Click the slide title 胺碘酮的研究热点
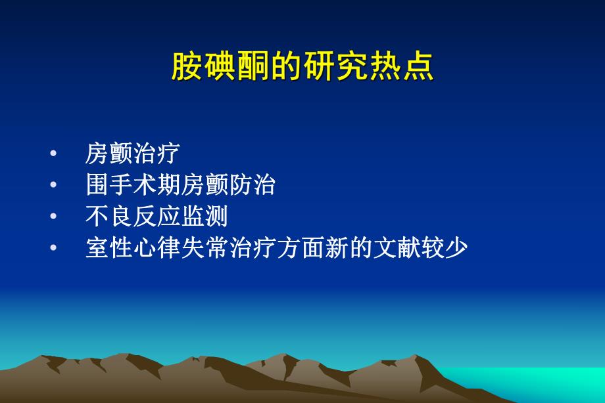click(302, 67)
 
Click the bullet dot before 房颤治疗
click(53, 154)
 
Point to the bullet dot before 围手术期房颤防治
click(53, 186)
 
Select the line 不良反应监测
click(157, 217)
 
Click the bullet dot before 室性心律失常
click(53, 249)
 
